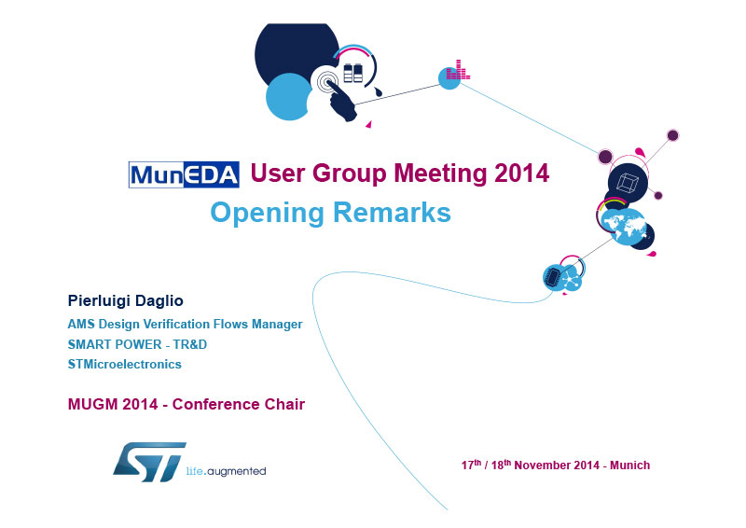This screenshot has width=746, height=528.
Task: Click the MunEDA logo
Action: click(184, 174)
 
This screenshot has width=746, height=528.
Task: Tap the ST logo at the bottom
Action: click(149, 462)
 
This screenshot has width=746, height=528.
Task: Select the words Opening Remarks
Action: click(330, 213)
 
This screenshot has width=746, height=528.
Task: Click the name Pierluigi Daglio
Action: click(126, 301)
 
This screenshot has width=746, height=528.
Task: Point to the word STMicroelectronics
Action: click(125, 364)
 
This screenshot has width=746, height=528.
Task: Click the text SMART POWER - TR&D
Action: click(137, 344)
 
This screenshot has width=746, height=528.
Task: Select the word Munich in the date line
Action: click(630, 465)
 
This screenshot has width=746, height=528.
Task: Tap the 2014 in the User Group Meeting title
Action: click(521, 173)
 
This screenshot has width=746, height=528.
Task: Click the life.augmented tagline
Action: click(226, 471)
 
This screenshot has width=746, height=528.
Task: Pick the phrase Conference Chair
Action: click(239, 404)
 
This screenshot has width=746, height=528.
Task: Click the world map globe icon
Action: click(624, 227)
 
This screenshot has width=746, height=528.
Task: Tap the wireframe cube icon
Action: click(628, 183)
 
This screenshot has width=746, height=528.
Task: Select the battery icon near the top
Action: click(353, 73)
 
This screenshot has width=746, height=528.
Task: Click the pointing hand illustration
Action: click(340, 99)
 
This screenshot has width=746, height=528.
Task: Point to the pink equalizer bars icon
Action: click(458, 70)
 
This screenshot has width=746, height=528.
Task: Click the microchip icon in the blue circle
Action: click(552, 277)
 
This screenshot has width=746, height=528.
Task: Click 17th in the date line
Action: click(471, 465)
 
